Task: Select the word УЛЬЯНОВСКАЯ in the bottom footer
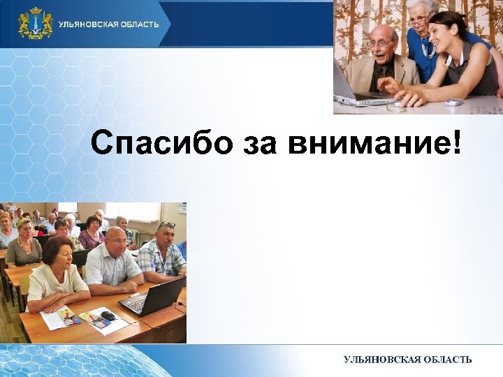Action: pyautogui.click(x=381, y=360)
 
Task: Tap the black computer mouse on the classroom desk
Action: pyautogui.click(x=108, y=316)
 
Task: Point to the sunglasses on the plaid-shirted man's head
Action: pyautogui.click(x=167, y=225)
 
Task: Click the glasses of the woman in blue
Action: pyautogui.click(x=420, y=21)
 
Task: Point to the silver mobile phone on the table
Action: pyautogui.click(x=453, y=102)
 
